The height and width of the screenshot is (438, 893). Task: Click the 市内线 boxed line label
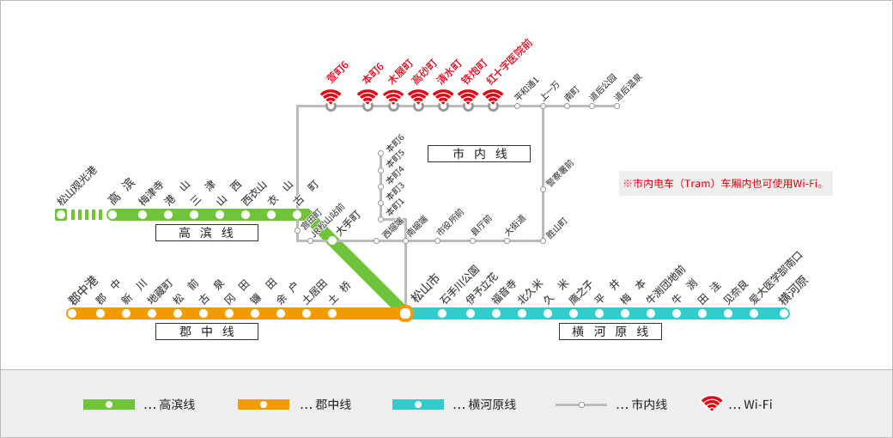(x=479, y=154)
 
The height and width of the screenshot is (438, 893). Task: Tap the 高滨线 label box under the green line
(x=206, y=233)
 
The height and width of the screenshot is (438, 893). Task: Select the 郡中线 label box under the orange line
(x=206, y=332)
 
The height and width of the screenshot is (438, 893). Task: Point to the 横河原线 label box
(x=610, y=332)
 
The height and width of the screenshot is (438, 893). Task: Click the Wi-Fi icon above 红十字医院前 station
(x=493, y=99)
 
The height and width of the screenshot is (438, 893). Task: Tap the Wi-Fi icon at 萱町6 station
(x=331, y=99)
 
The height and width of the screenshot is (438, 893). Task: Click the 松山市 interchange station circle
(x=405, y=313)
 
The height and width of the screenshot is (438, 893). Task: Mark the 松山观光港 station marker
(x=61, y=215)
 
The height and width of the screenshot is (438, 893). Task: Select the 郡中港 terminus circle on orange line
(x=72, y=313)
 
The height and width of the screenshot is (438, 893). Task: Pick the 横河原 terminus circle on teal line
(x=784, y=313)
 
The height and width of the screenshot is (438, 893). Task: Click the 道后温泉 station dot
(x=617, y=106)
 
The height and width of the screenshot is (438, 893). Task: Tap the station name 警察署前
(x=559, y=174)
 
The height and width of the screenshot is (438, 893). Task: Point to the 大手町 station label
(x=348, y=222)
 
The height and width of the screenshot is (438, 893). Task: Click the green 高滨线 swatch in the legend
(x=109, y=405)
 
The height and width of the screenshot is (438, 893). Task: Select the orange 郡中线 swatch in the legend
(x=264, y=405)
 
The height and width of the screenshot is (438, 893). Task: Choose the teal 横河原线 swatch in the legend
(x=418, y=405)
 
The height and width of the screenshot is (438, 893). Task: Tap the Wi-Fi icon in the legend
(x=711, y=404)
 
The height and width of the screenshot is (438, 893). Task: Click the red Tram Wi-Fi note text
(x=725, y=183)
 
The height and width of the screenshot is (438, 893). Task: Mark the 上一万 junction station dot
(x=543, y=106)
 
